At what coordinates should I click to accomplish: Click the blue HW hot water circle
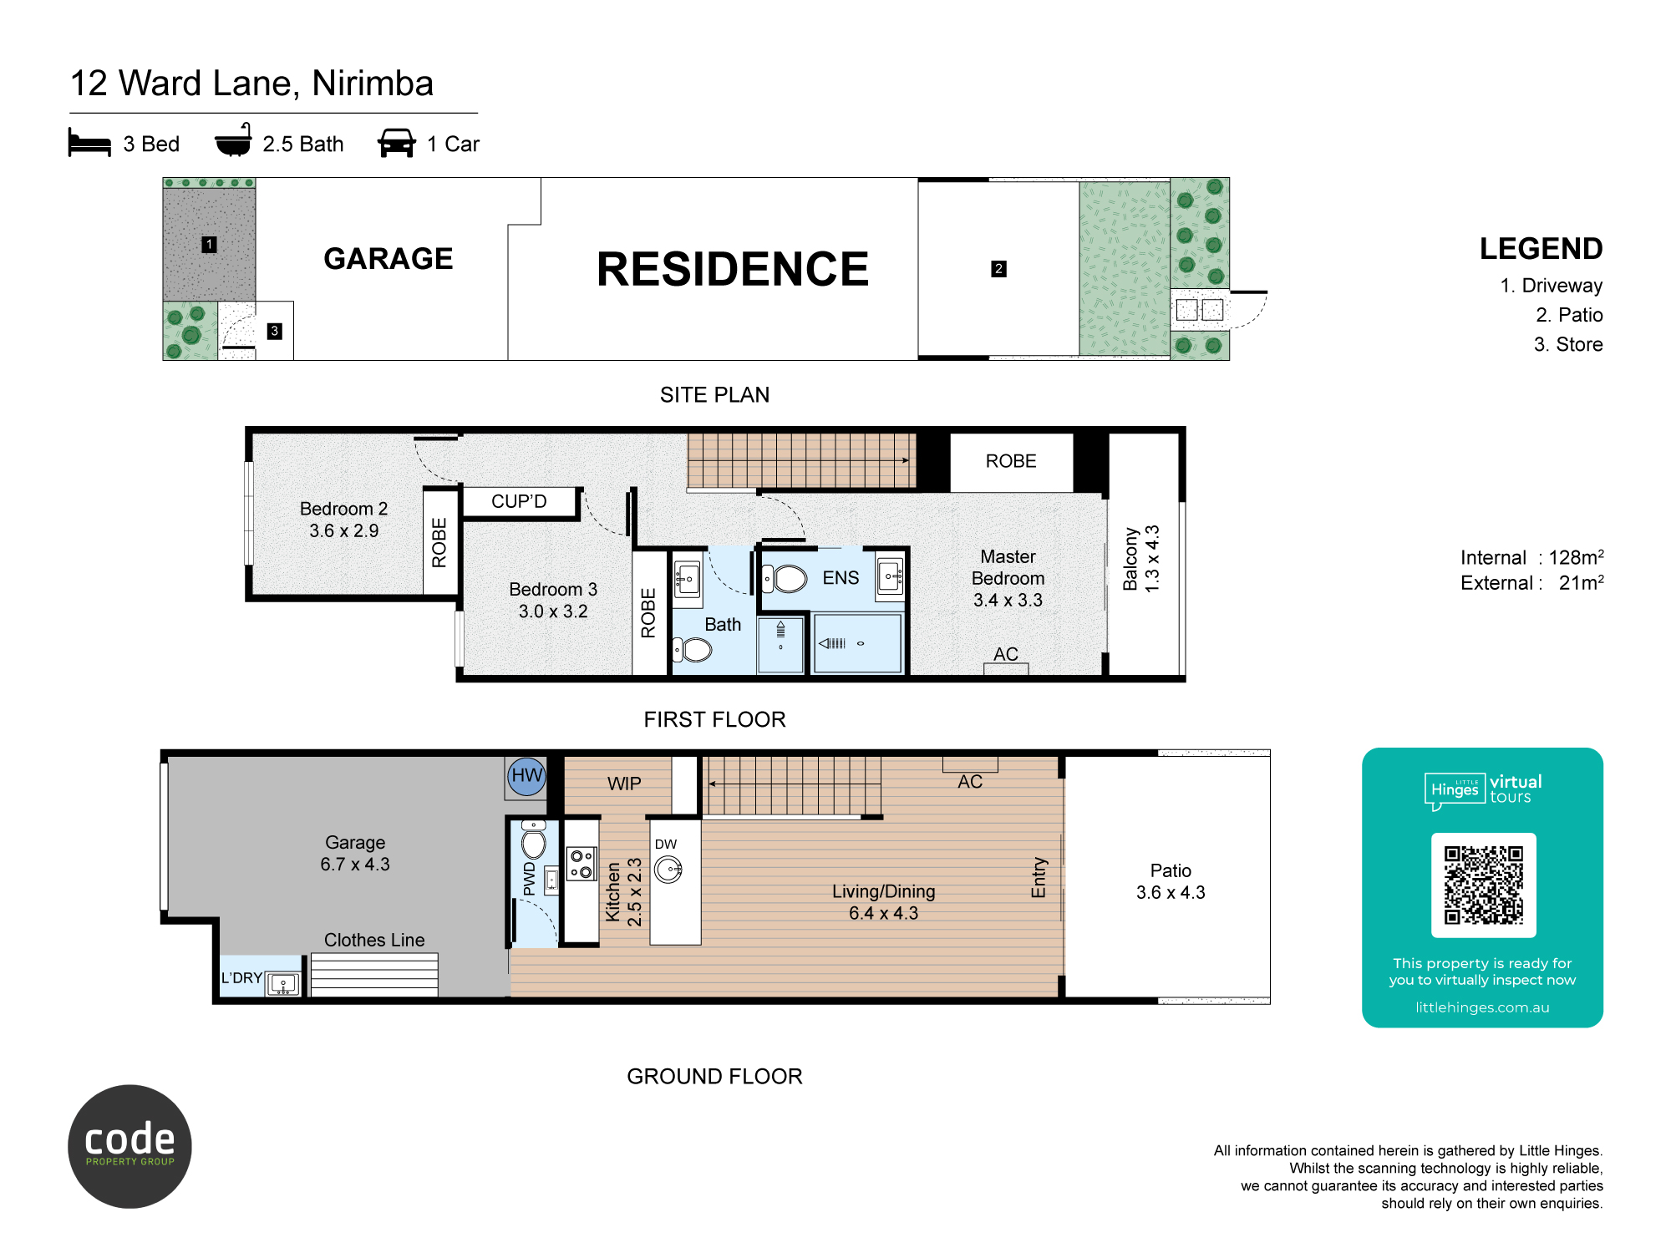click(527, 776)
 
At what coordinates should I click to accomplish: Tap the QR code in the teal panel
click(1484, 885)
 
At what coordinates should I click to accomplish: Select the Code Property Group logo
click(130, 1146)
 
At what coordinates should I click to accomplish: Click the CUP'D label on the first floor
click(519, 501)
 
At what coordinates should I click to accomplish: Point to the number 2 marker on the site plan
click(998, 269)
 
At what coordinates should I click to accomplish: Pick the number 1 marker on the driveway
click(210, 245)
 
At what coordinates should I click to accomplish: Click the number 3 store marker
click(274, 331)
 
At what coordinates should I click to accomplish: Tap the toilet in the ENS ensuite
click(785, 578)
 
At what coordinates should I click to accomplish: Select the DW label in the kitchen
click(666, 845)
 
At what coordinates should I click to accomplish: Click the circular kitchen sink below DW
click(668, 870)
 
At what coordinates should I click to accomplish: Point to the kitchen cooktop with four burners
click(582, 864)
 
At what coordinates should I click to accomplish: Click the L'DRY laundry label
click(241, 978)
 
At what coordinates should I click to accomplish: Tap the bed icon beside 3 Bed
click(89, 142)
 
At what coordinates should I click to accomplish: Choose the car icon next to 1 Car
click(397, 143)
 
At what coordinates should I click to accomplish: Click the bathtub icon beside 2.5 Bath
click(234, 140)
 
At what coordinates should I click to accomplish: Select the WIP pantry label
click(624, 784)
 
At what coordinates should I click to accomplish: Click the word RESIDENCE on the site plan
click(733, 269)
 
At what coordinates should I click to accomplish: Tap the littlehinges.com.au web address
click(1482, 1007)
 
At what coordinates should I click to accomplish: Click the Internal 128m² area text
click(1532, 557)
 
